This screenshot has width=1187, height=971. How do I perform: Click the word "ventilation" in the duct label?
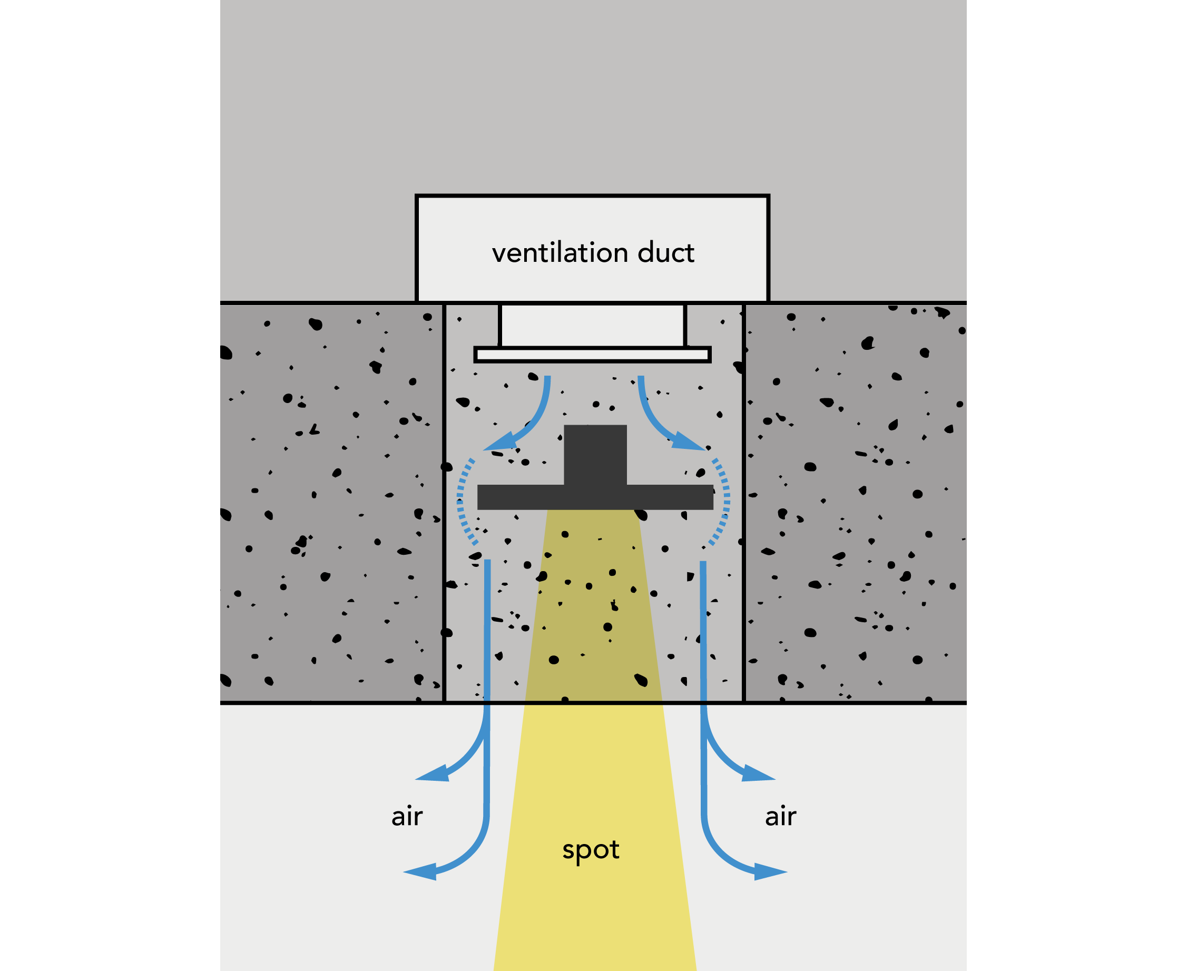tap(560, 253)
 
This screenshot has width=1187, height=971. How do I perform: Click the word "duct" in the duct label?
tap(665, 253)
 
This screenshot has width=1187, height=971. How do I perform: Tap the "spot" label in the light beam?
tap(591, 850)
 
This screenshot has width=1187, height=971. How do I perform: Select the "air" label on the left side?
tap(407, 817)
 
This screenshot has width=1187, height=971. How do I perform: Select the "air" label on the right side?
tap(780, 817)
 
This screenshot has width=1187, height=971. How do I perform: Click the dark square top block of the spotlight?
tap(595, 454)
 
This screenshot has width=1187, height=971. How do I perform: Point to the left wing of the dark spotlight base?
tap(520, 497)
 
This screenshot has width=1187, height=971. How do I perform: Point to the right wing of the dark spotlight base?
tap(670, 497)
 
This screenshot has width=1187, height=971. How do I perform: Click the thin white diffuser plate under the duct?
tap(592, 355)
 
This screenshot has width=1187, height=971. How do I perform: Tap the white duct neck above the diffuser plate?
tap(592, 326)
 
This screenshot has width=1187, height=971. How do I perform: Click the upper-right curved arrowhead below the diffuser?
tap(688, 443)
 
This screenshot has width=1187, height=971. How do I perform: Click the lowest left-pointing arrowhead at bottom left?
tap(420, 871)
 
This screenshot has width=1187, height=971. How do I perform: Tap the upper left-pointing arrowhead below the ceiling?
tap(433, 773)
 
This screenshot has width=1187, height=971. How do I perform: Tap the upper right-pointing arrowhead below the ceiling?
tap(758, 773)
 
